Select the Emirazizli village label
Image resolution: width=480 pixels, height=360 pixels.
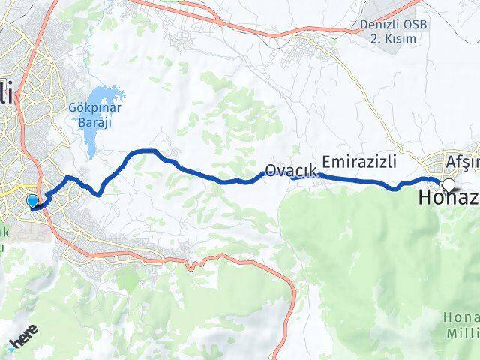click(359, 161)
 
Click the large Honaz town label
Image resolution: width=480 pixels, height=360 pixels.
click(447, 199)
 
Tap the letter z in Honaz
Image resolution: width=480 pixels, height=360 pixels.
click(472, 199)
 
